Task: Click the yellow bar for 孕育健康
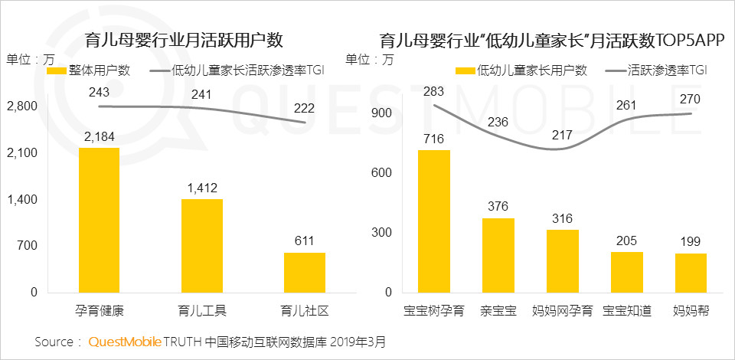100,220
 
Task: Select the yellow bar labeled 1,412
202,245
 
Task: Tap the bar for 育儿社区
305,272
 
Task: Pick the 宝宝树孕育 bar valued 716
433,221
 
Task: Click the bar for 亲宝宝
498,255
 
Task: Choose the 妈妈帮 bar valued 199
691,273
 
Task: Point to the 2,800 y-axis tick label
21,106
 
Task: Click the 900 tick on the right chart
382,113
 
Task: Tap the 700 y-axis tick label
28,246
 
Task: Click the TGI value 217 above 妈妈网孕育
561,134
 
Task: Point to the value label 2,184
100,136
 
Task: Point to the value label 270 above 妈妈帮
691,99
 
